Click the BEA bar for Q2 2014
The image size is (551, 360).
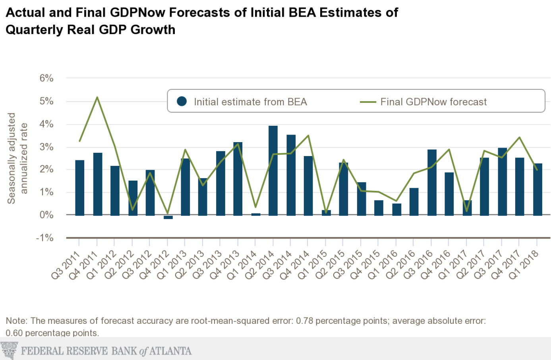(x=273, y=171)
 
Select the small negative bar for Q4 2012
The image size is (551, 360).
(x=168, y=217)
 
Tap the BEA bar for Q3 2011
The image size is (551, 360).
(x=79, y=188)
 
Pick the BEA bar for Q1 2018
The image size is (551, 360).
(x=537, y=189)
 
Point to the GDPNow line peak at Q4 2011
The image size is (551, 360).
(x=97, y=97)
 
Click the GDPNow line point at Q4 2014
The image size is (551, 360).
(x=308, y=136)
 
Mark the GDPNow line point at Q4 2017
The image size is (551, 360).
(x=519, y=137)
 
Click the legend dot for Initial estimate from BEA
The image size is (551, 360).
(x=182, y=102)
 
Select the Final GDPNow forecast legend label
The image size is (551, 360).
(x=433, y=102)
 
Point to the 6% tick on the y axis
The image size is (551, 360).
(x=46, y=78)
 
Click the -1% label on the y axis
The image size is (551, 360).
(x=45, y=238)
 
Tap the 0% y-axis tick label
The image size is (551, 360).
(x=46, y=215)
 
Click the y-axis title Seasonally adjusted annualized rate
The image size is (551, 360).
(x=18, y=158)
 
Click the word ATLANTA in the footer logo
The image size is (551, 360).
(x=170, y=351)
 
